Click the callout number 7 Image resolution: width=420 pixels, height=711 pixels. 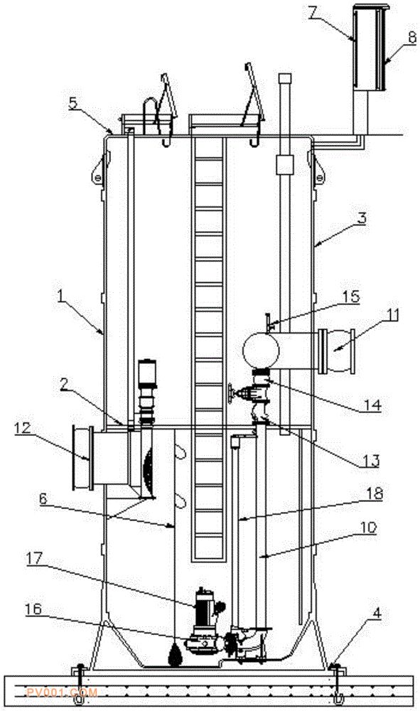point(312,13)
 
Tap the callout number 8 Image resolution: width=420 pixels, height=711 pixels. point(411,37)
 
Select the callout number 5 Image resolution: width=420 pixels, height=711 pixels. point(74,103)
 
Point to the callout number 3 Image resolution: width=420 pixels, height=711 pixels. point(361,218)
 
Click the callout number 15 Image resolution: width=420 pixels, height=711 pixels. point(350,297)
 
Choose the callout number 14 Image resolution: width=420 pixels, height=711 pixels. point(372,405)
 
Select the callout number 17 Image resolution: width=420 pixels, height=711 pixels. point(34,559)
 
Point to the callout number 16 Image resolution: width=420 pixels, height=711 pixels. point(32,609)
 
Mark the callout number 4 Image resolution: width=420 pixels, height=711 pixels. point(377,614)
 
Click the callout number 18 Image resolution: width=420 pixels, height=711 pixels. point(374,493)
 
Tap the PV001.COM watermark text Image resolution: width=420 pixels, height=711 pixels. point(62,693)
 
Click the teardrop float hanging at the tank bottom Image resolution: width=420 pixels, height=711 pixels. point(174,657)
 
